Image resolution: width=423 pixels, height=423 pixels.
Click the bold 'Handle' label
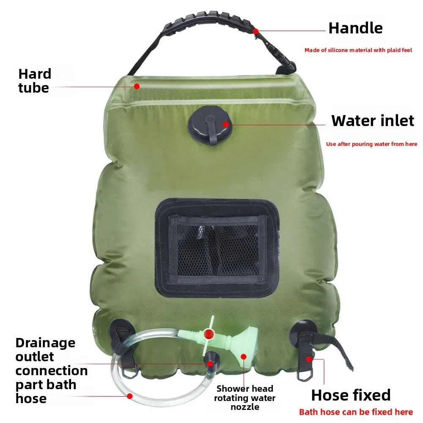point(355,28)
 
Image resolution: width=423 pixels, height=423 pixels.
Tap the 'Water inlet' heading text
point(373,121)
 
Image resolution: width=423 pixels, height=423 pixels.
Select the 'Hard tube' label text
point(35,81)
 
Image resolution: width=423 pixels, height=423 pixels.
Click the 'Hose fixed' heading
point(351,395)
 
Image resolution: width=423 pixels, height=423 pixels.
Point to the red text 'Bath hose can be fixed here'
point(356,412)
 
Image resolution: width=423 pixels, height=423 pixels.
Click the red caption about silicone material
point(358,50)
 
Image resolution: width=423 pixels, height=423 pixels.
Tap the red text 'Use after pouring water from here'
point(371,144)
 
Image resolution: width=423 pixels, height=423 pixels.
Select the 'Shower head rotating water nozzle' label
point(244,398)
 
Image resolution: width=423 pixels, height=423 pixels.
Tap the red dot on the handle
point(255,31)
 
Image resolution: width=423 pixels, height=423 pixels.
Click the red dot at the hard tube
point(137,86)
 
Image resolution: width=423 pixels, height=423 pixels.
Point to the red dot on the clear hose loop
point(130,396)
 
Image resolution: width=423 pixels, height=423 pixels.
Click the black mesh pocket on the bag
point(217,247)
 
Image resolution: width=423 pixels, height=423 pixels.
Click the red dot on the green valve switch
point(209,334)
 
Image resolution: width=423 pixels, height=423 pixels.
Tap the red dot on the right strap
point(309,359)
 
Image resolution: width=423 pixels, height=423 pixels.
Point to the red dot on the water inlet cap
point(225,124)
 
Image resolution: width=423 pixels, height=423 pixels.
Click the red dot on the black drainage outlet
point(210,364)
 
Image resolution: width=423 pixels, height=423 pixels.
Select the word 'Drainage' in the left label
point(45,343)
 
